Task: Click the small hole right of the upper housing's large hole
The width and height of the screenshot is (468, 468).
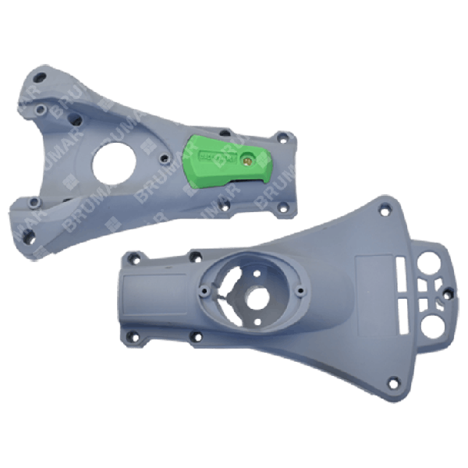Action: click(x=161, y=158)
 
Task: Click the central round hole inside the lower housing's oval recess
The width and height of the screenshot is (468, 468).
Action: click(x=255, y=297)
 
